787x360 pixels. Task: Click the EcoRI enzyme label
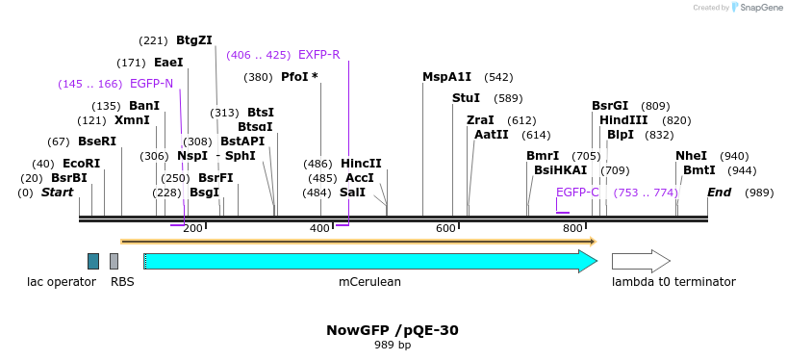pyautogui.click(x=81, y=164)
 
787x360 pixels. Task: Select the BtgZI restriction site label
pyautogui.click(x=194, y=40)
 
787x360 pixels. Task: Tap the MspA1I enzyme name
pyautogui.click(x=447, y=77)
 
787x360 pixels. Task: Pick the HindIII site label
pyautogui.click(x=623, y=120)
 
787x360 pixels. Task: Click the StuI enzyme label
pyautogui.click(x=466, y=98)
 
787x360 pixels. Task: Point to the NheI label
pyautogui.click(x=691, y=156)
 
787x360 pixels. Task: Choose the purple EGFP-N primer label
pyautogui.click(x=151, y=84)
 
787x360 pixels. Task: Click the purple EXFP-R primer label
pyautogui.click(x=318, y=55)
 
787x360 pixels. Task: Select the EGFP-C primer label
pyautogui.click(x=577, y=193)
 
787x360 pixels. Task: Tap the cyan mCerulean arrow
pyautogui.click(x=369, y=261)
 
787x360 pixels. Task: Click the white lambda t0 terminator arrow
pyautogui.click(x=641, y=261)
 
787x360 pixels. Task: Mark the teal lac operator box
pyautogui.click(x=93, y=261)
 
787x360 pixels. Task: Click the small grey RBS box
pyautogui.click(x=114, y=261)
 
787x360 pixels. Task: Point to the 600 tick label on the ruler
pyautogui.click(x=445, y=228)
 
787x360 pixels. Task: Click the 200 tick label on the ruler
pyautogui.click(x=192, y=228)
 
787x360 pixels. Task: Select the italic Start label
pyautogui.click(x=57, y=193)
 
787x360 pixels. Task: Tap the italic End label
pyautogui.click(x=719, y=193)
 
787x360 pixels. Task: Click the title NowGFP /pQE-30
pyautogui.click(x=393, y=330)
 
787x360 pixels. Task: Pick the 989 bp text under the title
pyautogui.click(x=393, y=345)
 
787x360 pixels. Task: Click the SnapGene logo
pyautogui.click(x=757, y=8)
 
